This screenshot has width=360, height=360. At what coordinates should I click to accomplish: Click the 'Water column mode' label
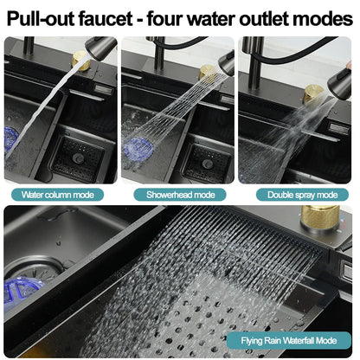[58, 195]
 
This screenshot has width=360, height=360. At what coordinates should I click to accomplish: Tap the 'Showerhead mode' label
[179, 195]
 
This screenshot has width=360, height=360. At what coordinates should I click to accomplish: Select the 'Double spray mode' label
[297, 195]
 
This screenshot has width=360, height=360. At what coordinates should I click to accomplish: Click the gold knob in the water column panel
[80, 60]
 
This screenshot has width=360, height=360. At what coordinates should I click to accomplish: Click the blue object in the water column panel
[13, 138]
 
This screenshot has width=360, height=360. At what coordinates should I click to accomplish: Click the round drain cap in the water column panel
[79, 158]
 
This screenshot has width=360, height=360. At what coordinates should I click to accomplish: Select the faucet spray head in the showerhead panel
[226, 63]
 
